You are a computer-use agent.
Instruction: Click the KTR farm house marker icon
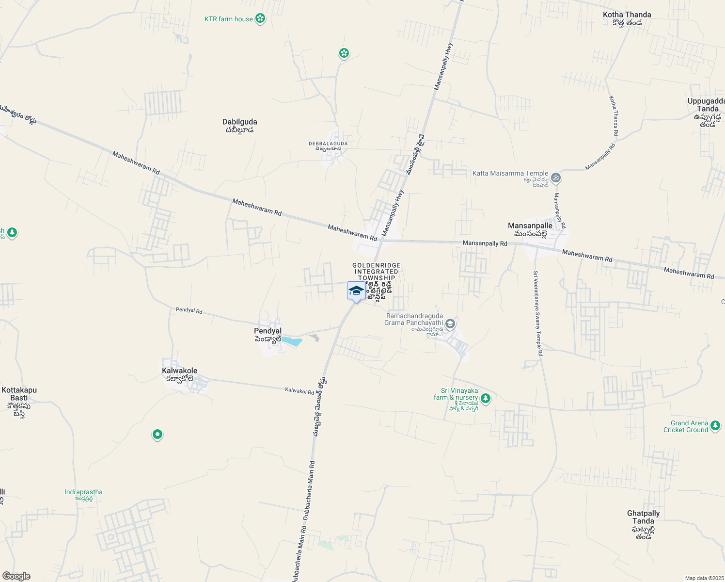click(x=260, y=19)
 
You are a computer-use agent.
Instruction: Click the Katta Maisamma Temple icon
click(x=556, y=178)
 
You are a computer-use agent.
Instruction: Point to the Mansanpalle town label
click(x=530, y=226)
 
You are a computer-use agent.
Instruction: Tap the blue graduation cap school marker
click(x=356, y=291)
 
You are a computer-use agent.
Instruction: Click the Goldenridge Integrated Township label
click(x=377, y=272)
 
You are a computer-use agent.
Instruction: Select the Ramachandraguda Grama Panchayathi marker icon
click(x=450, y=323)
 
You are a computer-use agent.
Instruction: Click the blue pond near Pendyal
click(x=292, y=341)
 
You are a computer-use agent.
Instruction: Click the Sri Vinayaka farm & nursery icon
click(x=486, y=399)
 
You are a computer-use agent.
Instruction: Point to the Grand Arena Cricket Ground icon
click(x=715, y=426)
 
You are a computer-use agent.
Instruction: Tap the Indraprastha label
click(x=83, y=492)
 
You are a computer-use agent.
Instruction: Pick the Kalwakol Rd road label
click(x=299, y=390)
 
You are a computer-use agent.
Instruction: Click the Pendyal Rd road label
click(x=189, y=310)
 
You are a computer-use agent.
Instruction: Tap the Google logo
click(x=16, y=576)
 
